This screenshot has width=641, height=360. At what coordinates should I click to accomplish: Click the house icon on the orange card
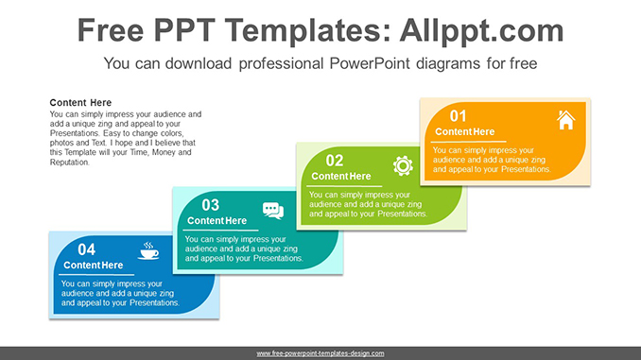[565, 120]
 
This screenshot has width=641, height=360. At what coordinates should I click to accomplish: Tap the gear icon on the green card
[403, 165]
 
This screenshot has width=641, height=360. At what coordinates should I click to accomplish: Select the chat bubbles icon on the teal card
[273, 211]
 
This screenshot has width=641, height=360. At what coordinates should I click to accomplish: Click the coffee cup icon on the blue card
[149, 251]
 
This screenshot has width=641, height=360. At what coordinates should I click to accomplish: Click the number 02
[334, 161]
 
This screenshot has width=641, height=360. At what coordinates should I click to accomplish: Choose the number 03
[210, 205]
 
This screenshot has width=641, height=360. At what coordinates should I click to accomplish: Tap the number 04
[86, 249]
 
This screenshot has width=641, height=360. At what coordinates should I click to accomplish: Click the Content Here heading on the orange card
[464, 132]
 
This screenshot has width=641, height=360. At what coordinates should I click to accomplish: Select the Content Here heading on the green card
[340, 177]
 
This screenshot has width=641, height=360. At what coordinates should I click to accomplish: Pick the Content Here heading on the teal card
[217, 221]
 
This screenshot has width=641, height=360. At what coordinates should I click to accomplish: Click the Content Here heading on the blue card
[93, 266]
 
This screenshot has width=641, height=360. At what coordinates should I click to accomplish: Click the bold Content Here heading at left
[80, 103]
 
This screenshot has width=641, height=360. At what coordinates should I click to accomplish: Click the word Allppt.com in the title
[479, 30]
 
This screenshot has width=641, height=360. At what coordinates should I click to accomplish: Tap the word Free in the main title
[112, 30]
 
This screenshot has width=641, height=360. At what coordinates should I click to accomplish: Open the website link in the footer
[320, 353]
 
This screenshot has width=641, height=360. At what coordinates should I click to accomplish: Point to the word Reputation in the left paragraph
[70, 163]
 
